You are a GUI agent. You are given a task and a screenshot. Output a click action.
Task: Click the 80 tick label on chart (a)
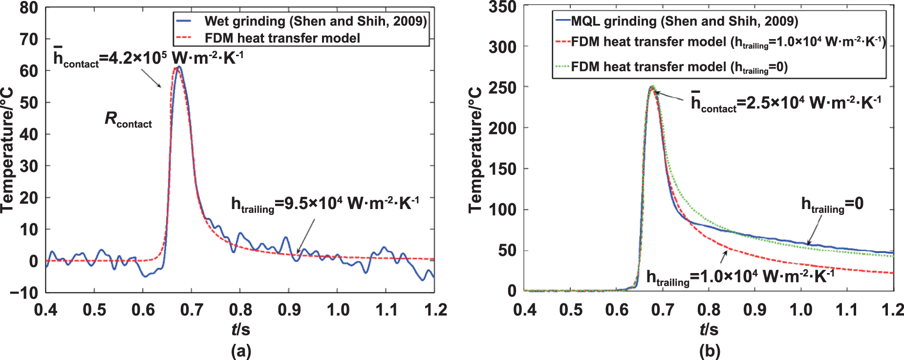click(28, 8)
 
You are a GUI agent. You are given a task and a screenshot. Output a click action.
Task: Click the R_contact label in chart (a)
click(128, 120)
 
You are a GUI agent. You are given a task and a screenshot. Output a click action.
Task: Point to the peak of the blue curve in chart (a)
click(179, 67)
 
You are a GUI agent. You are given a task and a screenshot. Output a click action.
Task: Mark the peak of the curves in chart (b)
click(652, 87)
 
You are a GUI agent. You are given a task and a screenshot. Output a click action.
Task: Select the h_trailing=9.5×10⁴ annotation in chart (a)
click(325, 204)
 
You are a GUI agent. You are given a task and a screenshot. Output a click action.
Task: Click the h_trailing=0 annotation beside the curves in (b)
click(832, 205)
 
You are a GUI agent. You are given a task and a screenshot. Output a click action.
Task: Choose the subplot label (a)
click(240, 351)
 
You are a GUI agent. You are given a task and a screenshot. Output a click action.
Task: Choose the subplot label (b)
click(709, 351)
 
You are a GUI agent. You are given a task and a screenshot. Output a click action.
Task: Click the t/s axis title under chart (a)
click(240, 330)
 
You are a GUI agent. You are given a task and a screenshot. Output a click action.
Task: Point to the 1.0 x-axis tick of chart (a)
click(338, 310)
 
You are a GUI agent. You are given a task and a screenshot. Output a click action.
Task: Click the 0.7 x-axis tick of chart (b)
click(663, 310)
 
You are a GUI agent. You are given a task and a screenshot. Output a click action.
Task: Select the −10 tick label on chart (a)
click(23, 293)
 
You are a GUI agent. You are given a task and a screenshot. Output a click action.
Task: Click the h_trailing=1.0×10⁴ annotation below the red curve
click(740, 277)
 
